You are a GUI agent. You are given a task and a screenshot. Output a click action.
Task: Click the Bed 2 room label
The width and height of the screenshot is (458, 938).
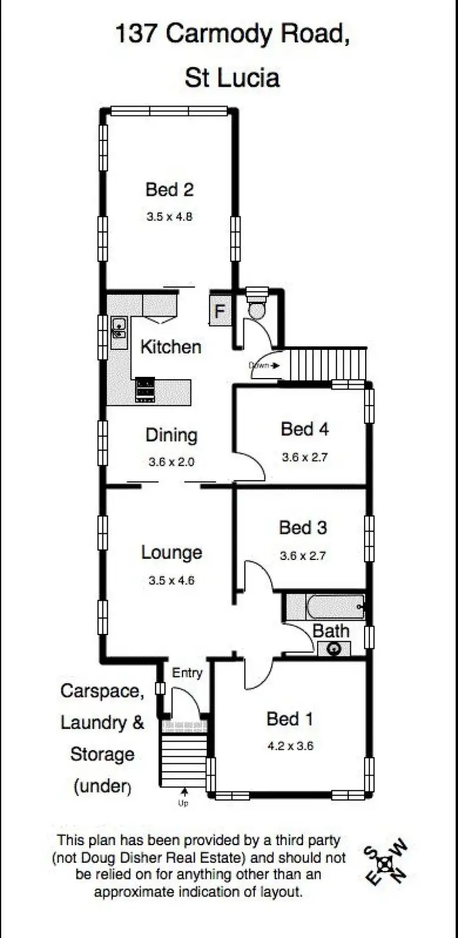point(169,189)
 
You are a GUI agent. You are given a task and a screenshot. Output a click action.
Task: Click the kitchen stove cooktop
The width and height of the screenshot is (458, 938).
point(145,390)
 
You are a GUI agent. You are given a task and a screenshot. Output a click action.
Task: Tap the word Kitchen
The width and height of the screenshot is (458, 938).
point(170,347)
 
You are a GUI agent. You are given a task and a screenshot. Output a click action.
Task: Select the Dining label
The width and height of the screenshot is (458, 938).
point(171,435)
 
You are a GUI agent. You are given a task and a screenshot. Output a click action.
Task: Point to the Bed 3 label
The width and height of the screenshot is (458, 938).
point(303,527)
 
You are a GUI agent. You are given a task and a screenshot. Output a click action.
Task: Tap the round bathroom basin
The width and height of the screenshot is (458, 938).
point(334,649)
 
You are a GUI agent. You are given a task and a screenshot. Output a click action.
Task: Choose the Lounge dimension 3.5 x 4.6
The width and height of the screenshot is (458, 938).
point(171,581)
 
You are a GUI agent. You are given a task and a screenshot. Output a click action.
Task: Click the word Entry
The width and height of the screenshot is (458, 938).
point(187,673)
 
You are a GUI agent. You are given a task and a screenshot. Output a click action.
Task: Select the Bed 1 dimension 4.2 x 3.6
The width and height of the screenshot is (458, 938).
point(290,746)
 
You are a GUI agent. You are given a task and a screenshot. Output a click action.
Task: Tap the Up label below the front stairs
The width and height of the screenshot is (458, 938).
point(183,804)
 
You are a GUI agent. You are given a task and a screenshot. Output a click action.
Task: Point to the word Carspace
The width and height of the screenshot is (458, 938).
point(102,691)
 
